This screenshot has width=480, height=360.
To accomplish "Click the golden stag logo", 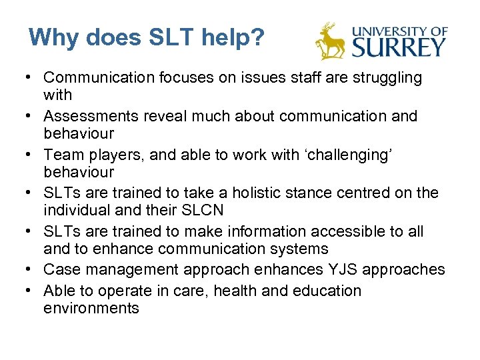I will click(x=330, y=41).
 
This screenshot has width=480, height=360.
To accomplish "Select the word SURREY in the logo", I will click(x=399, y=47).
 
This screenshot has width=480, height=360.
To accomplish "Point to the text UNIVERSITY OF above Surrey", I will click(x=399, y=31).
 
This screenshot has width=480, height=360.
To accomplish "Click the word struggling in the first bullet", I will click(x=379, y=78).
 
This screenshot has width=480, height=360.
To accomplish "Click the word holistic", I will click(x=275, y=193).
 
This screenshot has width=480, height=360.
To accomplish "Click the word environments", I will click(x=91, y=308).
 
